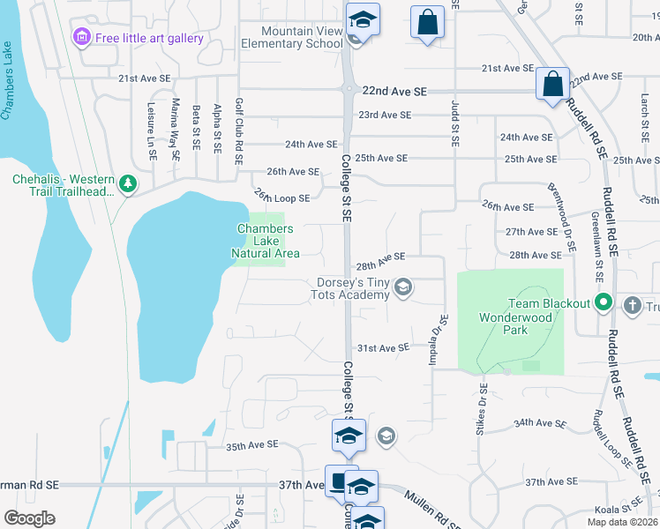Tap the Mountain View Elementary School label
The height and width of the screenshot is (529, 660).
click(x=291, y=37)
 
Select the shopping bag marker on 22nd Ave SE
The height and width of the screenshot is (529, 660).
click(x=553, y=86)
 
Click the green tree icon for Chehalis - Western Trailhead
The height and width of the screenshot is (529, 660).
click(x=129, y=183)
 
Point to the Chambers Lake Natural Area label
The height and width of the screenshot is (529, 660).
click(x=266, y=241)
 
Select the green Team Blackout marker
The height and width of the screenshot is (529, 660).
click(x=604, y=303)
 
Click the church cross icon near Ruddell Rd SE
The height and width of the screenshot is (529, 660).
click(x=632, y=306)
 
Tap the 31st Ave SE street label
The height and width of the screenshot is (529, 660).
click(x=382, y=347)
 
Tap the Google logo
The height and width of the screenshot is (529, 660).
click(x=30, y=518)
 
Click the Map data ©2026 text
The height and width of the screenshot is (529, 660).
click(x=622, y=522)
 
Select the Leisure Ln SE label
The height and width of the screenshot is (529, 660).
click(x=152, y=129)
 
